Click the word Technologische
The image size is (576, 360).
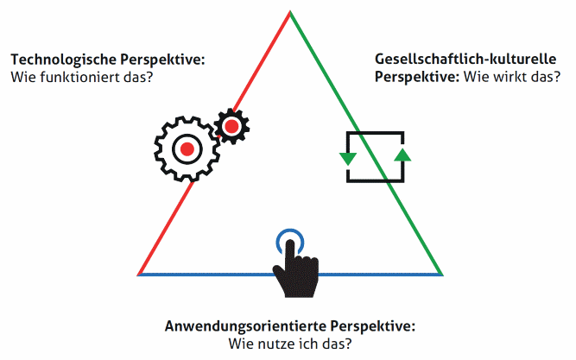[63, 60]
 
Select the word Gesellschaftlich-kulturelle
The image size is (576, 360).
[465, 59]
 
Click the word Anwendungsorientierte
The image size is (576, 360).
[245, 326]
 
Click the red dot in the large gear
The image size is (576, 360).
[187, 149]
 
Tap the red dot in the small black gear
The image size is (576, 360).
[231, 126]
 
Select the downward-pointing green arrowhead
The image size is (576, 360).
[348, 159]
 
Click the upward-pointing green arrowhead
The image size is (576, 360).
[402, 155]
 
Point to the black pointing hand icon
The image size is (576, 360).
[295, 269]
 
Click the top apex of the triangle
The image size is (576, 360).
[290, 11]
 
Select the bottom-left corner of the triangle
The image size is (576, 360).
[138, 275]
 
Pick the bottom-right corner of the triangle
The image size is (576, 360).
[442, 275]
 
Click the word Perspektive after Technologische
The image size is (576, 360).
[162, 60]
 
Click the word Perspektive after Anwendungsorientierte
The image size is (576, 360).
[372, 326]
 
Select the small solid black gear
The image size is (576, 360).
[231, 126]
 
